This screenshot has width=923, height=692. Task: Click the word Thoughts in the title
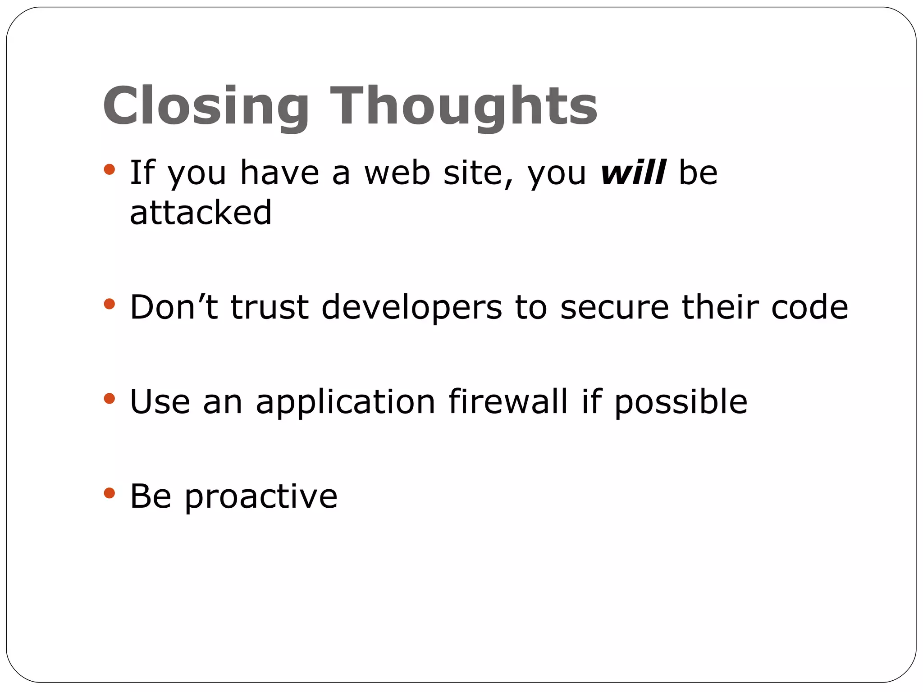[x=464, y=106]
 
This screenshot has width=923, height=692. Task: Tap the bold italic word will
[x=633, y=173]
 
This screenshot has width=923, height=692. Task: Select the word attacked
[x=201, y=212]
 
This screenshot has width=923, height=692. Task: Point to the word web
[x=397, y=173]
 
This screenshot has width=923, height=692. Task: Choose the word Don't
[x=174, y=307]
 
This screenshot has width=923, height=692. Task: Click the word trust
[x=270, y=307]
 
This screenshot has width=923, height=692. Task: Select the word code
[x=809, y=307]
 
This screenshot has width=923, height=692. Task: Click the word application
[x=345, y=402]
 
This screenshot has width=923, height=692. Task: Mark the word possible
[x=681, y=402]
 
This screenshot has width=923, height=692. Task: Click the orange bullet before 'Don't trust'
[x=109, y=304]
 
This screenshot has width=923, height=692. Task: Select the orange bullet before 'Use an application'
[x=109, y=398]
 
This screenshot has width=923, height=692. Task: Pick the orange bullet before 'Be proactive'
[x=109, y=493]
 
